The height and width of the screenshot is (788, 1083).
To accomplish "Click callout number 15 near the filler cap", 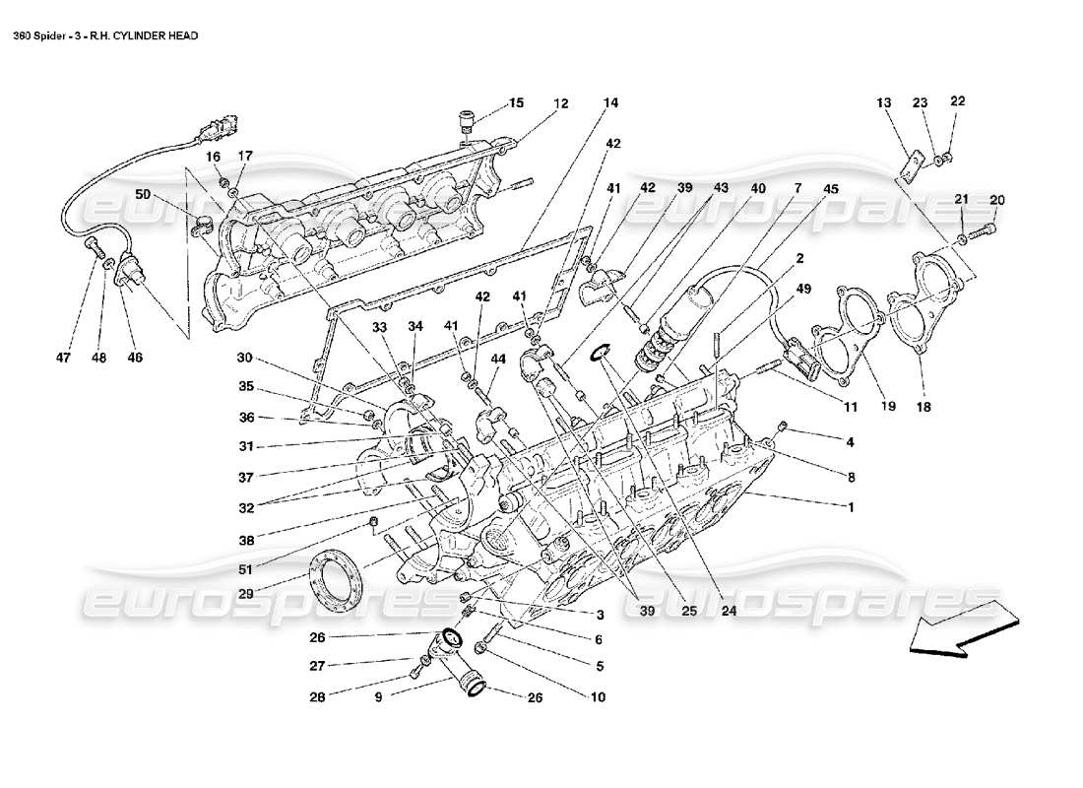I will point(517,103).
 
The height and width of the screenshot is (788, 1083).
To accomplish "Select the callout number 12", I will point(560,103).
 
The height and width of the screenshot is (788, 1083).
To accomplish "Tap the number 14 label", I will point(610,103).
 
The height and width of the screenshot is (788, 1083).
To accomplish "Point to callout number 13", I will point(883,102).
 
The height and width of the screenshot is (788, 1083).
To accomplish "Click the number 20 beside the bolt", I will point(996,200).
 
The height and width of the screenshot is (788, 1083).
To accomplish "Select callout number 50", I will point(144,196).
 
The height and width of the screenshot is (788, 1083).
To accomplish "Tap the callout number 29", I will point(244,594).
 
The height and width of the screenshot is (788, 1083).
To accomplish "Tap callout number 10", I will point(599,696).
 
